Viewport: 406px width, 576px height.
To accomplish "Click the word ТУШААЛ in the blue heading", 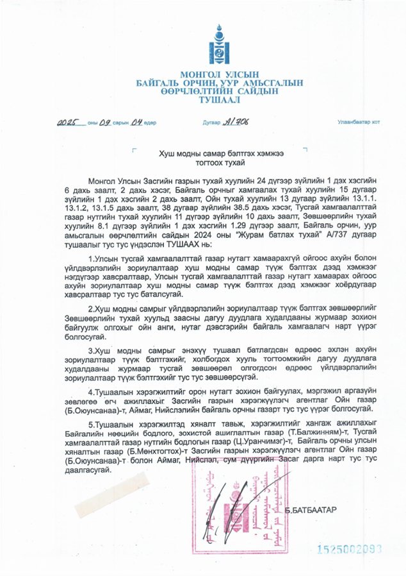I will click(218, 101).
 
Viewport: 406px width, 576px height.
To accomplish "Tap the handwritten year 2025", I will click(71, 122).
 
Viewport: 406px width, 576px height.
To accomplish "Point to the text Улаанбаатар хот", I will click(359, 122).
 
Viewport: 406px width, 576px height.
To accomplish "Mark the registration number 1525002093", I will click(350, 549).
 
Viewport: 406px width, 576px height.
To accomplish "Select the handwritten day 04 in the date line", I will click(137, 122).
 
